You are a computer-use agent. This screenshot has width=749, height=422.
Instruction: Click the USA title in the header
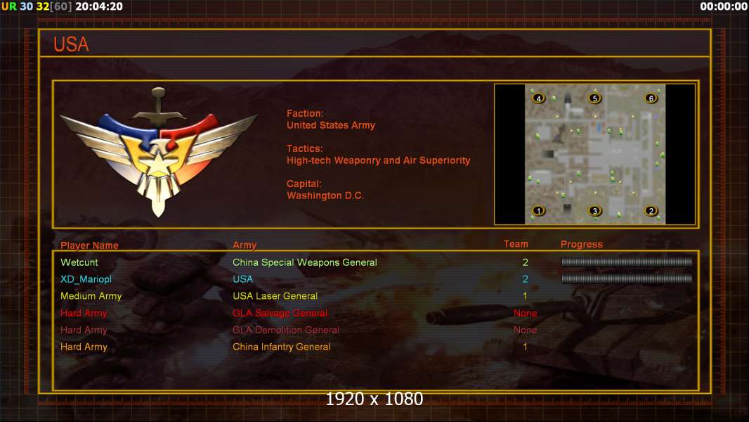71,44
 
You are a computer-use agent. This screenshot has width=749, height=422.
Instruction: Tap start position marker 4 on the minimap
538,98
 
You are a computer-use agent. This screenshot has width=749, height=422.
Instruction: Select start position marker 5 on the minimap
594,98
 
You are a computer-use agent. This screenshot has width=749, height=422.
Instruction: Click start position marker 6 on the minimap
651,98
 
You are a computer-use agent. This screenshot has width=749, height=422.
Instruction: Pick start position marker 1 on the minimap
538,211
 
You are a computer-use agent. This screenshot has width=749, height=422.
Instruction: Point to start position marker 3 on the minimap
594,211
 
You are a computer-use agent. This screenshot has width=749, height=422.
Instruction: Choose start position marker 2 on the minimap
651,211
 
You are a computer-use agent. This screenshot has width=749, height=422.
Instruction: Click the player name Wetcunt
79,262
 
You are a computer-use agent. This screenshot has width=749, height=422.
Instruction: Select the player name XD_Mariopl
86,279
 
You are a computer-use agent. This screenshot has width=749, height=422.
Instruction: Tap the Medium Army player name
91,296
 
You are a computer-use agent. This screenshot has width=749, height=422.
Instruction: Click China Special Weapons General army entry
305,262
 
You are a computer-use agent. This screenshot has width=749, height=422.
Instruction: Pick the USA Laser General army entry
275,296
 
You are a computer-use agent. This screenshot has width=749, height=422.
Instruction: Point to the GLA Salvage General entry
280,313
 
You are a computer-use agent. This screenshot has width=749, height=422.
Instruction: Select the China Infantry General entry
281,347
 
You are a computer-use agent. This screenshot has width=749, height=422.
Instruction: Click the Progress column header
581,245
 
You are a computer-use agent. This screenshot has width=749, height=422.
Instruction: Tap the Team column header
516,244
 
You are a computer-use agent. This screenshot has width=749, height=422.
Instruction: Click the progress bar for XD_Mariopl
627,279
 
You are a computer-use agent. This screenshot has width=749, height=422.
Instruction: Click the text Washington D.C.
325,196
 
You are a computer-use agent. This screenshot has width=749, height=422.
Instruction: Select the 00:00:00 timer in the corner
724,6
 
